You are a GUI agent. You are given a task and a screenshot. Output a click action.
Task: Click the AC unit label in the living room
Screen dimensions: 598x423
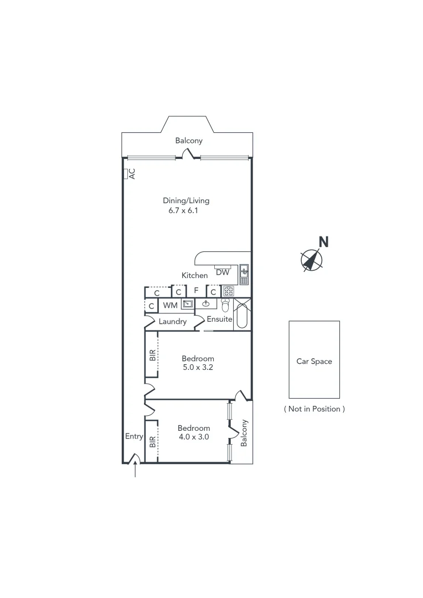pos(132,174)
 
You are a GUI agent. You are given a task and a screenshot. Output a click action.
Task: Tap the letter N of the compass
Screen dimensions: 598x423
pos(324,241)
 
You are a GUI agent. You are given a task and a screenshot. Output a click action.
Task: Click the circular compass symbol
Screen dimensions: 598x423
pos(311,260)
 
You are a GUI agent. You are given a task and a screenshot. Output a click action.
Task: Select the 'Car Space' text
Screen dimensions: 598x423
pos(314,362)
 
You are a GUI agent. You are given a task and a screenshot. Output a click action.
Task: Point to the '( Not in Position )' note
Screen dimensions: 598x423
pos(314,409)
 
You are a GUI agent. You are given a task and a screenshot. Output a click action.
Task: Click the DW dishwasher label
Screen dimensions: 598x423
pos(223,272)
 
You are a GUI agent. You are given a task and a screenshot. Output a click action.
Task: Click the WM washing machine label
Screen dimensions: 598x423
pos(169,305)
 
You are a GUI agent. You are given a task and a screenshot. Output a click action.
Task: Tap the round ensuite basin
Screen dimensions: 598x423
pos(206,303)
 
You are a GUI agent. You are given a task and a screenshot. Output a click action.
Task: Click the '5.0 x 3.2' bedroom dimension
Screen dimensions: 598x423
pos(198,368)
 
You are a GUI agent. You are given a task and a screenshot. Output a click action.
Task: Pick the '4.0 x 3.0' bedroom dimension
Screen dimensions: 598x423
pos(193,437)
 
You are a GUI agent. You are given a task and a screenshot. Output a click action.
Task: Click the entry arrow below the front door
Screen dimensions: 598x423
pos(136,470)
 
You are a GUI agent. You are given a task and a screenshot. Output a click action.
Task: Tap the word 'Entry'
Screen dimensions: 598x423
pos(134,436)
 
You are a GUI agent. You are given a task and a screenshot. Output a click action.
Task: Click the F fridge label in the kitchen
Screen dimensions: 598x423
pos(196,290)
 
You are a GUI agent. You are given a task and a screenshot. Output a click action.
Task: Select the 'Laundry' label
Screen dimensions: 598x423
pos(172,322)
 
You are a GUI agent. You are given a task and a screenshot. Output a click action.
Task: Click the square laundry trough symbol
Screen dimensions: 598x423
pos(188,304)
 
